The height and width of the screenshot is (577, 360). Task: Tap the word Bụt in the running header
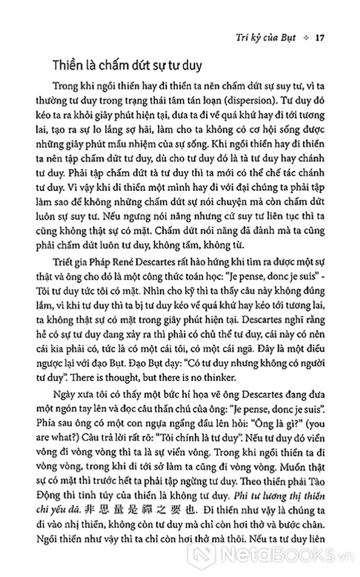click(x=291, y=38)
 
